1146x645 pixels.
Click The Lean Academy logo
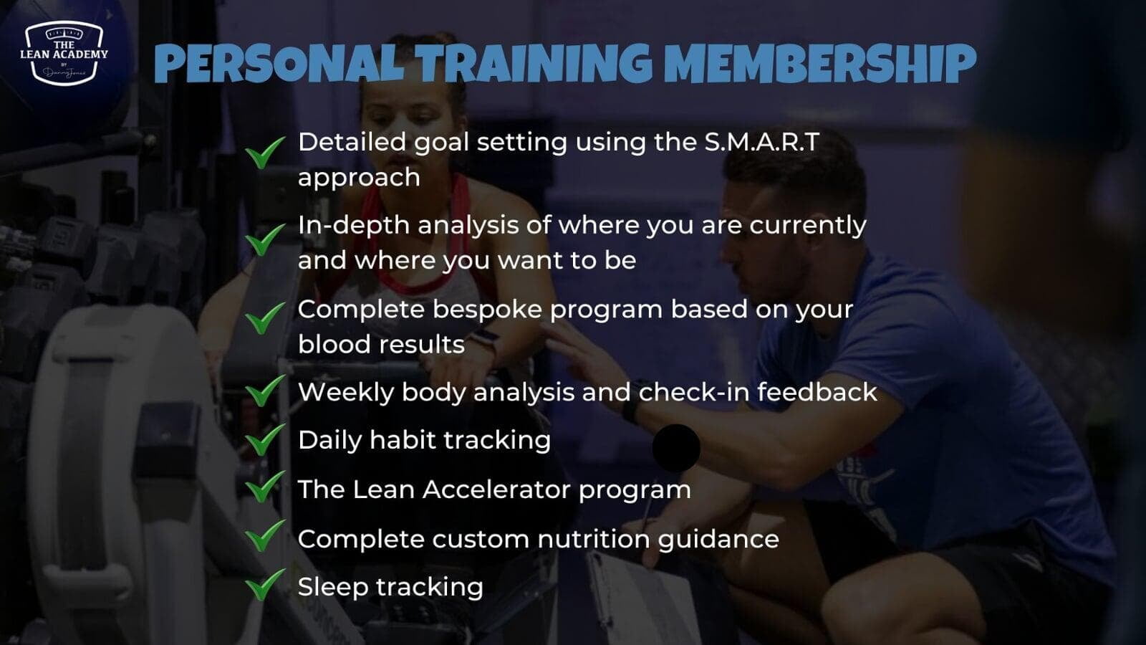pyautogui.click(x=64, y=52)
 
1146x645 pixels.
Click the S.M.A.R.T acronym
pyautogui.click(x=762, y=143)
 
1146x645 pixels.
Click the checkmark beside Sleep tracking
pyautogui.click(x=265, y=584)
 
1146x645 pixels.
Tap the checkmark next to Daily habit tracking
pyautogui.click(x=265, y=440)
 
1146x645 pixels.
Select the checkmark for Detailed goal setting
pyautogui.click(x=265, y=152)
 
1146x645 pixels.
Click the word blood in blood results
pyautogui.click(x=334, y=344)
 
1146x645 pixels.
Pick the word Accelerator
pyautogui.click(x=496, y=489)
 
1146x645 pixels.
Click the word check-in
pyautogui.click(x=694, y=392)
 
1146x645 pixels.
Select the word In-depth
pyautogui.click(x=354, y=226)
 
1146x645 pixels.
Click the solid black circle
pyautogui.click(x=676, y=448)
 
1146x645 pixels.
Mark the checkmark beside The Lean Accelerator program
pyautogui.click(x=265, y=487)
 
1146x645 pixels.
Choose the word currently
pyautogui.click(x=808, y=226)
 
